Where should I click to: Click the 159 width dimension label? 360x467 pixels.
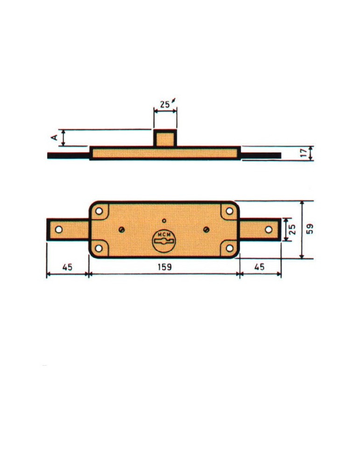(x=165, y=267)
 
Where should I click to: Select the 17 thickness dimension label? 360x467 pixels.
(x=304, y=153)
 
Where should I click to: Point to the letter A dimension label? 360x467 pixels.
(x=54, y=137)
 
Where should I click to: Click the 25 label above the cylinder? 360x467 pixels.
(x=165, y=105)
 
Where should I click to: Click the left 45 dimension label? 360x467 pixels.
(x=67, y=267)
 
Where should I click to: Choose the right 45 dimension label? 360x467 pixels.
(x=259, y=267)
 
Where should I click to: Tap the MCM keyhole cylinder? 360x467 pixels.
(x=163, y=241)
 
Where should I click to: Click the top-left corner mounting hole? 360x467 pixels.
(x=99, y=211)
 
